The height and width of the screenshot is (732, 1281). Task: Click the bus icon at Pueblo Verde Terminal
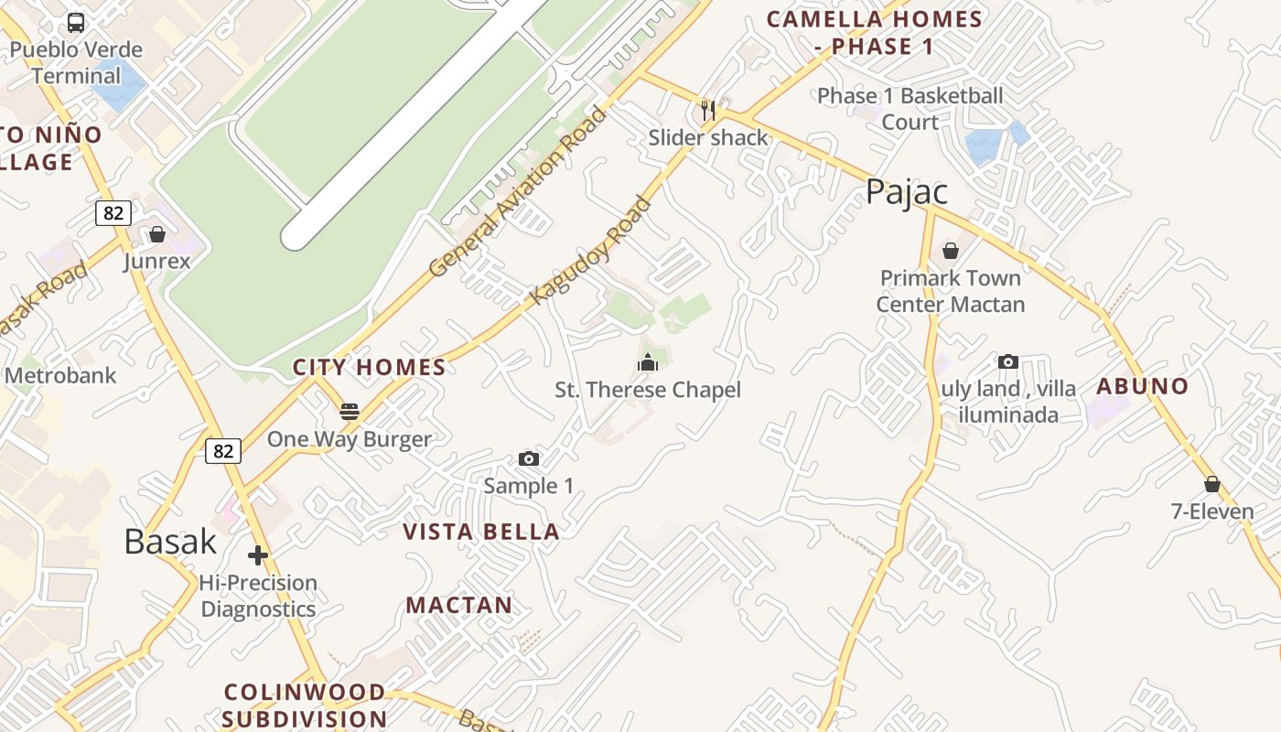pos(76,23)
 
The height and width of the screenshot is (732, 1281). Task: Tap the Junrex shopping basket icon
pos(157,234)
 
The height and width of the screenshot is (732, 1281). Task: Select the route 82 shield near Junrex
pos(113,213)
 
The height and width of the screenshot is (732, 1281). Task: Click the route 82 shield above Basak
pos(222,450)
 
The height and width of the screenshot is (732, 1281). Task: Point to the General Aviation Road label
pos(518,192)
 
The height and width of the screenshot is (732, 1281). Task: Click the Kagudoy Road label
pos(590,250)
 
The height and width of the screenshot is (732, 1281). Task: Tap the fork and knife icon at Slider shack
pos(707,111)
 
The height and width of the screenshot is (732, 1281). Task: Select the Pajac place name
pos(906,192)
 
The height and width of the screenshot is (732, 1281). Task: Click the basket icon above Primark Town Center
pos(951,250)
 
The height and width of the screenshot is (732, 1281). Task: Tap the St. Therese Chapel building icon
pos(648,363)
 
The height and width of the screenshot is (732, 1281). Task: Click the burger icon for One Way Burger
pos(349,412)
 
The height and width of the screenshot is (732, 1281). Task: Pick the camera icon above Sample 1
pos(529,458)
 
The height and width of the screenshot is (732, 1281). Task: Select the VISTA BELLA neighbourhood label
pos(481,532)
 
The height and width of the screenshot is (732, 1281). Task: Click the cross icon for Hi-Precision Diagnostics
pos(258,554)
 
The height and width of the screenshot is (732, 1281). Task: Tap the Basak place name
pos(170,541)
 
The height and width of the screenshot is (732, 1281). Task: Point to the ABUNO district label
pos(1143,386)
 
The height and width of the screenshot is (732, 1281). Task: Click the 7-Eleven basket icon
pos(1212,484)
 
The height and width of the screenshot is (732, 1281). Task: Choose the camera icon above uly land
pos(1008,361)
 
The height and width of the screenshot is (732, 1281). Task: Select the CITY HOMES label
pos(369,368)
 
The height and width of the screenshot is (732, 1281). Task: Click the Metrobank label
pos(61,375)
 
